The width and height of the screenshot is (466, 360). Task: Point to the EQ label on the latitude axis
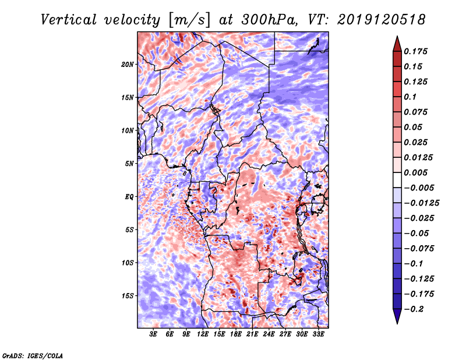tap(129, 197)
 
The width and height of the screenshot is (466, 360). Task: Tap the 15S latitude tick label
tap(128, 296)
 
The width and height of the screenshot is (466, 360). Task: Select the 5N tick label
tap(129, 164)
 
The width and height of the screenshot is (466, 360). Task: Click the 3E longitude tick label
tap(153, 334)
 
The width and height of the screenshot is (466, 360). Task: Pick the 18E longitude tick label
tap(236, 334)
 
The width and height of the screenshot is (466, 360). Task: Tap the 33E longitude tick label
tap(319, 334)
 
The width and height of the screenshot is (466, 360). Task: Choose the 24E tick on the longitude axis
tap(269, 334)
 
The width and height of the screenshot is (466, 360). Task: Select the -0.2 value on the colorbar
tap(416, 309)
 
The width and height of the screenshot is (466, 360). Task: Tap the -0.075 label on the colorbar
tap(421, 248)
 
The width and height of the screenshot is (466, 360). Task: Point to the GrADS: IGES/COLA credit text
tap(33, 355)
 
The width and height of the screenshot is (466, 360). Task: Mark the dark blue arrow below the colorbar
tap(397, 317)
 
